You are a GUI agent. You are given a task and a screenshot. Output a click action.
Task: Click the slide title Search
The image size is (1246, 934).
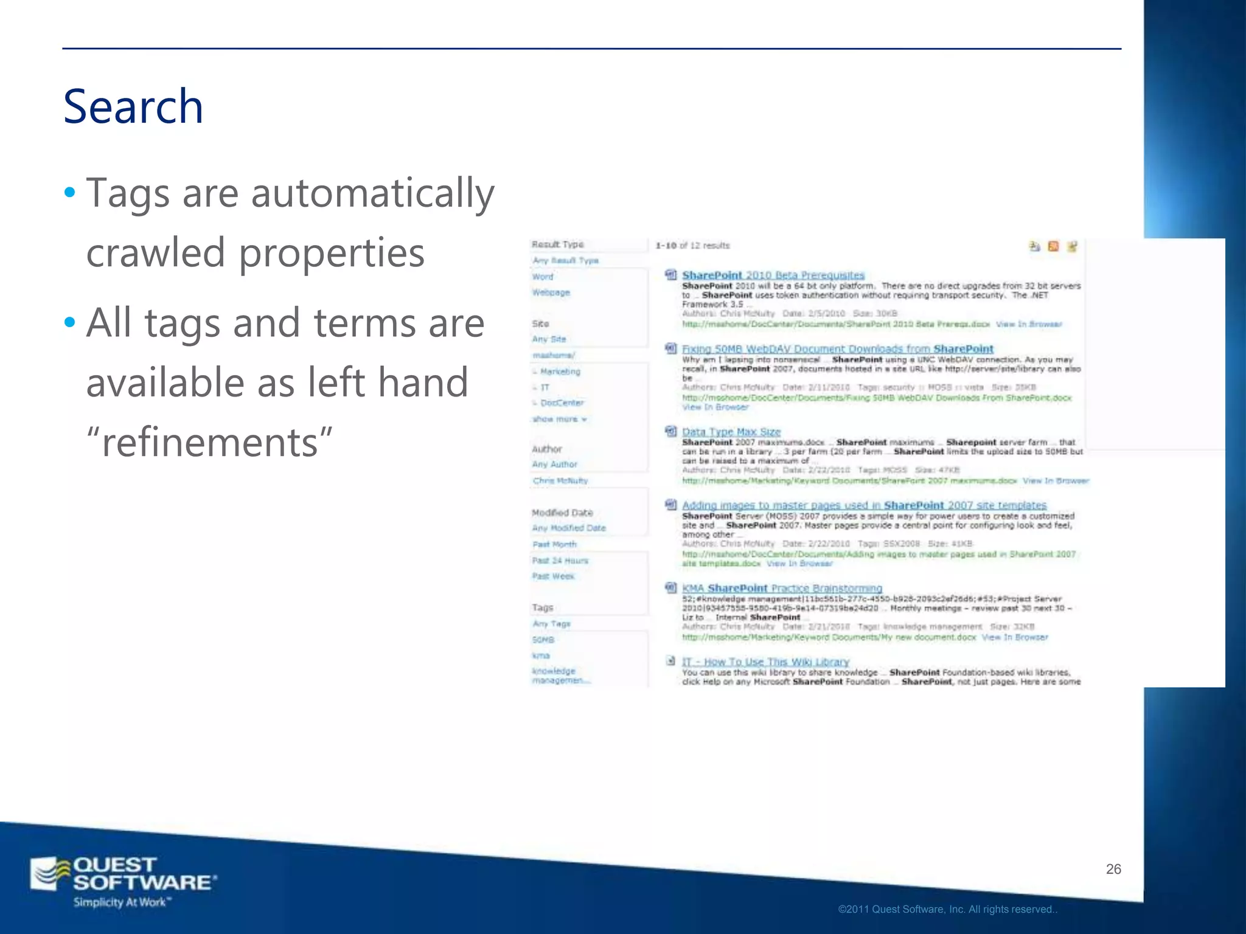(133, 107)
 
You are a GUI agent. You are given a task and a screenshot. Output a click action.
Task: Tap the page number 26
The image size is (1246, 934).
(1113, 869)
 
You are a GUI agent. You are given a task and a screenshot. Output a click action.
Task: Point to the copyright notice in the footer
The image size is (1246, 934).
(947, 909)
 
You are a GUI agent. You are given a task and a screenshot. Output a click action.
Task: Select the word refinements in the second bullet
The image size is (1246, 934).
(210, 442)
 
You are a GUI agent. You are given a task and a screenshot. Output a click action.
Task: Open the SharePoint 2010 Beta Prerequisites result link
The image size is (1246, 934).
(773, 275)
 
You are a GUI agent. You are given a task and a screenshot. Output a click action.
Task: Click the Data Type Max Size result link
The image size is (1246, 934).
(731, 432)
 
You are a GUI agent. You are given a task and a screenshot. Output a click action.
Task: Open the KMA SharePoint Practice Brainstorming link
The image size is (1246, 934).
(782, 588)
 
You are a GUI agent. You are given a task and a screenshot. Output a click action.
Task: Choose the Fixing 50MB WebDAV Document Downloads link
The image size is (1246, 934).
(837, 349)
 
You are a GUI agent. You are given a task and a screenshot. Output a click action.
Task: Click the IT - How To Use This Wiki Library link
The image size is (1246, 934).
(765, 662)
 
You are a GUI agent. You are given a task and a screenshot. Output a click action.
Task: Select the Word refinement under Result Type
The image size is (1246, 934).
(543, 277)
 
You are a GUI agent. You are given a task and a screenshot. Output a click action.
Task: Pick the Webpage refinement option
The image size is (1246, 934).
(551, 292)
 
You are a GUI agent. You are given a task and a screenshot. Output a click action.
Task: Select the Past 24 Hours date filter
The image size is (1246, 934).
(560, 560)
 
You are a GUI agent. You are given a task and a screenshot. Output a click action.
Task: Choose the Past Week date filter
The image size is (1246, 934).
(553, 576)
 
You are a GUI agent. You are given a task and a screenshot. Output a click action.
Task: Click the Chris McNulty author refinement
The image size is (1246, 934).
(560, 480)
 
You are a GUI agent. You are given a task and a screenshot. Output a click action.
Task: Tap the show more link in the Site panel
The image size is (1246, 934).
(559, 419)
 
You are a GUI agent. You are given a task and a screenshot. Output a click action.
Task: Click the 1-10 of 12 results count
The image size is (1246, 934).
(692, 246)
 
